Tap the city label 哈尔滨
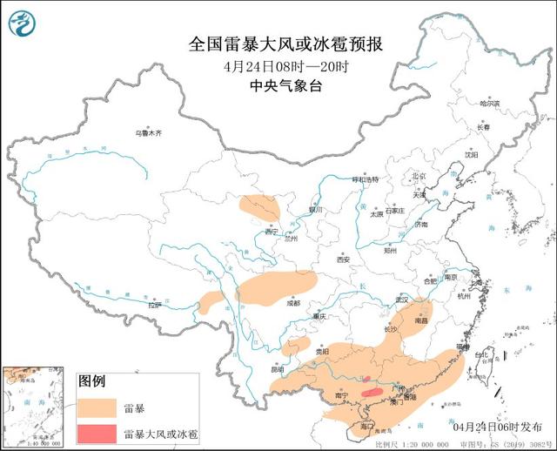[x=490, y=103]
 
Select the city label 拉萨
[x=155, y=305]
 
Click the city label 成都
[x=292, y=303]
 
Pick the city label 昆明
[x=277, y=369]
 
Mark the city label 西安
[x=342, y=259]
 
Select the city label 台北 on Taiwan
[x=481, y=355]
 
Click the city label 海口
[x=367, y=427]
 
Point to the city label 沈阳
[x=471, y=154]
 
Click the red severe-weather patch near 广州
[x=370, y=380]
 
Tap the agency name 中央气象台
[x=278, y=85]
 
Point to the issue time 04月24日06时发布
[x=497, y=427]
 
